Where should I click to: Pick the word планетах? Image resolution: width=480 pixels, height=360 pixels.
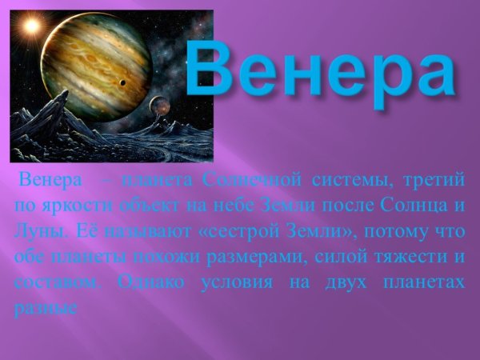click(426, 283)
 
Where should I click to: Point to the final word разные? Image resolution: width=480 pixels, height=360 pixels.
click(45, 310)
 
